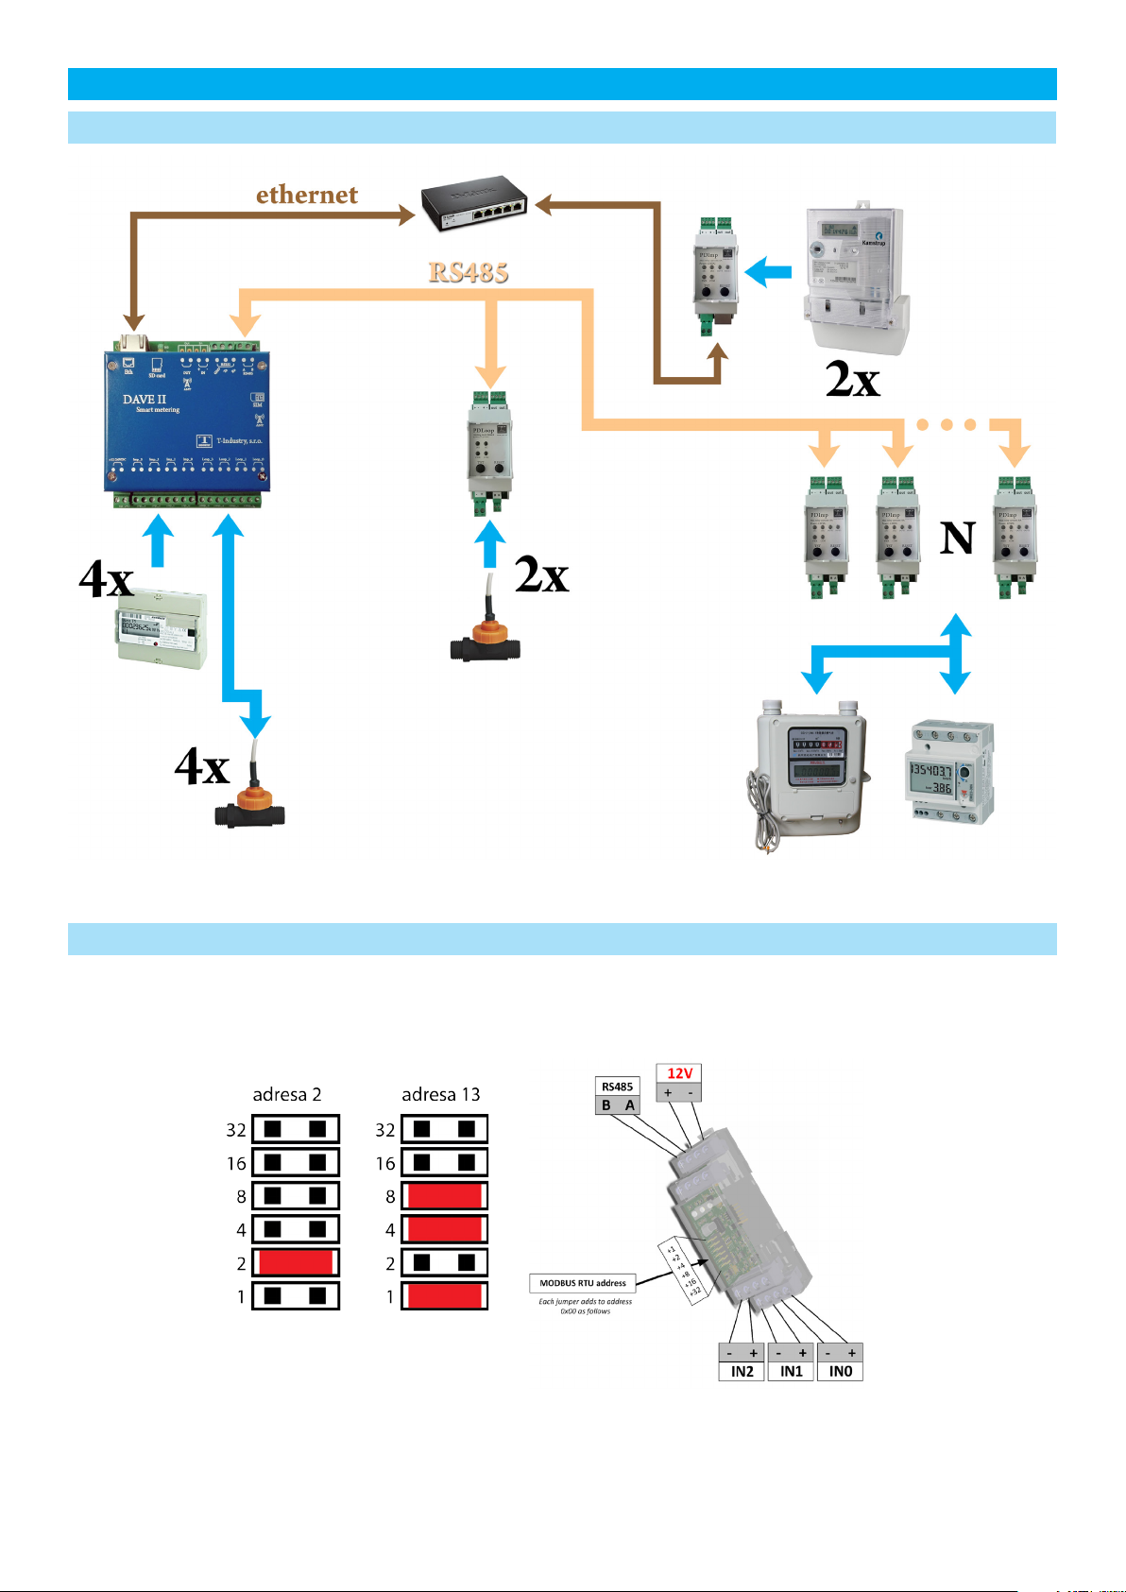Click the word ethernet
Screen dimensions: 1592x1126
[x=307, y=195]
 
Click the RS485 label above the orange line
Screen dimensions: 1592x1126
[x=469, y=272]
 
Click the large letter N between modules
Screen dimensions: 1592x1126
[x=957, y=539]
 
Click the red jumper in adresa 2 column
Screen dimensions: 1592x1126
[x=296, y=1262]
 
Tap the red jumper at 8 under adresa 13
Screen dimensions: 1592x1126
[x=444, y=1196]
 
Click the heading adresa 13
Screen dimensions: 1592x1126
[x=441, y=1094]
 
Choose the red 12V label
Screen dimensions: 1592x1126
[x=680, y=1073]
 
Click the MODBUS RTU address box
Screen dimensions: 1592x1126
[x=583, y=1283]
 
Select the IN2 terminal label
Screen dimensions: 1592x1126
[x=742, y=1372]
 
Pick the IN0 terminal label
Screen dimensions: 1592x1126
[x=841, y=1372]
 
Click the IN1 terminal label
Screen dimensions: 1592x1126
[x=792, y=1372]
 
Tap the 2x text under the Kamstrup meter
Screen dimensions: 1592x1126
[x=853, y=380]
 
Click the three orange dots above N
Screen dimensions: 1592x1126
[x=946, y=424]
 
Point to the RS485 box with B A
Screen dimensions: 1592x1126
[x=618, y=1096]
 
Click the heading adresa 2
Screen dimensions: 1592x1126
[x=287, y=1094]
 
